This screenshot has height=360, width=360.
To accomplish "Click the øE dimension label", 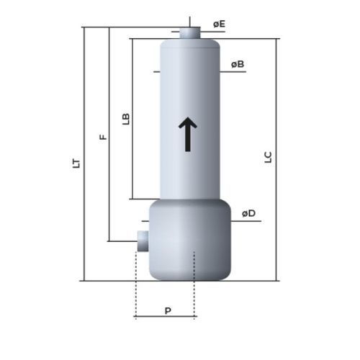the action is point(219,24).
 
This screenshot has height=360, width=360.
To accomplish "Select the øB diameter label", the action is point(238,64).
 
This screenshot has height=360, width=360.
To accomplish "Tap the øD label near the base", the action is point(248,213).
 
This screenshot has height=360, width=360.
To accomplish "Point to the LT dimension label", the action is point(76,163).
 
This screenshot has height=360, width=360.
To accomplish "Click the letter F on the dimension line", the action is point(103,137).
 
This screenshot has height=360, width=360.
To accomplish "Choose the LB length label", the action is point(126,119).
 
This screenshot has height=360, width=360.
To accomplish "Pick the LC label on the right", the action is point(268,157).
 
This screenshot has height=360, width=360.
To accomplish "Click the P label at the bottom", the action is point(168,311).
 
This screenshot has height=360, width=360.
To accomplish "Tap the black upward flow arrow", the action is point(188,135).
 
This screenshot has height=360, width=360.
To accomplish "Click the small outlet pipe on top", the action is point(190,33).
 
